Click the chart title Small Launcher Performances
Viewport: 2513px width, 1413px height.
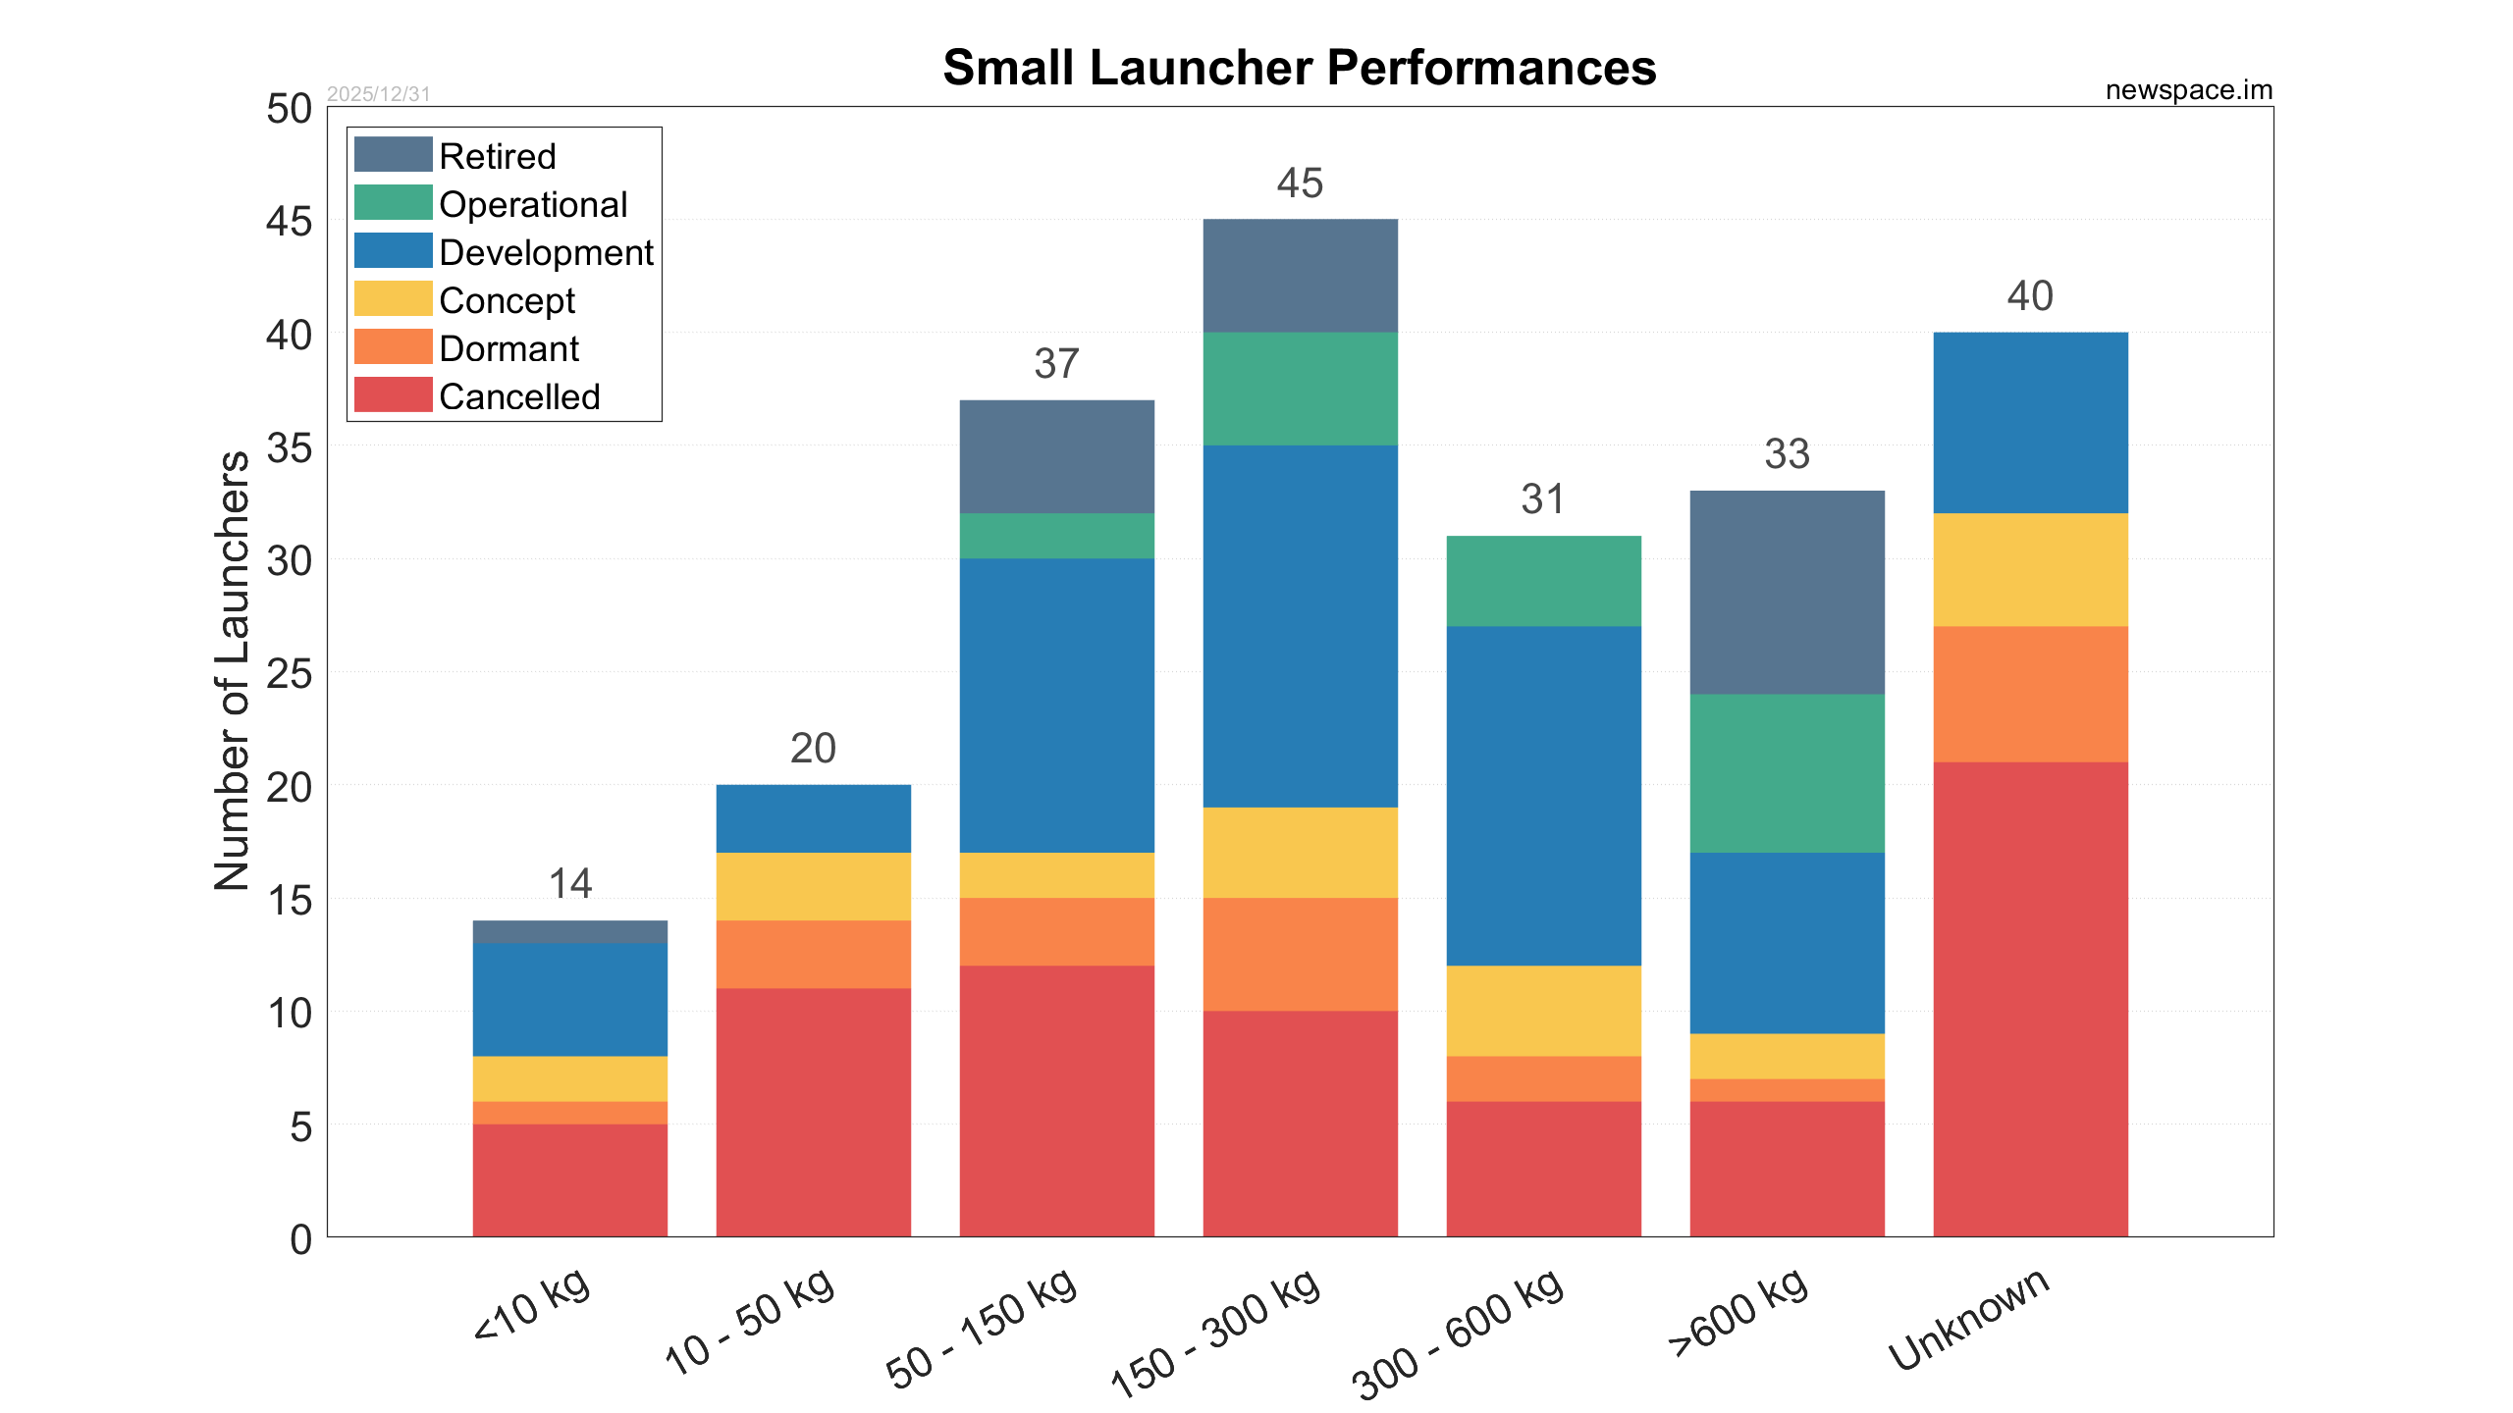click(x=1299, y=68)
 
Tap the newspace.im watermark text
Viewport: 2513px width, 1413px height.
click(x=2188, y=90)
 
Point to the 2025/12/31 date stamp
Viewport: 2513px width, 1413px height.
click(x=378, y=94)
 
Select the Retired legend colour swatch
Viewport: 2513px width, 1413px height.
click(x=393, y=155)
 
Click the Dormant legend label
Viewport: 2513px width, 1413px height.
click(x=508, y=348)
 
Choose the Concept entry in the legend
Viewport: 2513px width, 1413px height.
click(x=507, y=300)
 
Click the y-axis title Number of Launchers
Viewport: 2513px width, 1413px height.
click(x=233, y=671)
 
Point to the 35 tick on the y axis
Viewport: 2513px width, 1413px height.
click(x=289, y=448)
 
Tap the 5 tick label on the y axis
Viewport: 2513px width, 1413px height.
click(x=300, y=1126)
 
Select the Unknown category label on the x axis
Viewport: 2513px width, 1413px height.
click(x=1968, y=1319)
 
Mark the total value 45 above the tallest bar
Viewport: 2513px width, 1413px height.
click(x=1300, y=183)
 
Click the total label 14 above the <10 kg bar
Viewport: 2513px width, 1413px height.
click(x=570, y=884)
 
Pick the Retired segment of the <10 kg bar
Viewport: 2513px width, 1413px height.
click(x=570, y=932)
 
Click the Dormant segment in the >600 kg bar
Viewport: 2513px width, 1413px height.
click(x=1787, y=1090)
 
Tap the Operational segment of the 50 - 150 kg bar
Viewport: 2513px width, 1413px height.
click(x=1056, y=536)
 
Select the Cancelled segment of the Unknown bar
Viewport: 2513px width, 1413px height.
click(x=2030, y=999)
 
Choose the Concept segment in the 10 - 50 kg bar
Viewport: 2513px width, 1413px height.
click(x=813, y=886)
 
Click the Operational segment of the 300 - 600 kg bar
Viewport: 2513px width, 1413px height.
click(x=1543, y=581)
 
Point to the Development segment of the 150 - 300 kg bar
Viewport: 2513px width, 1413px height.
click(x=1300, y=626)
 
